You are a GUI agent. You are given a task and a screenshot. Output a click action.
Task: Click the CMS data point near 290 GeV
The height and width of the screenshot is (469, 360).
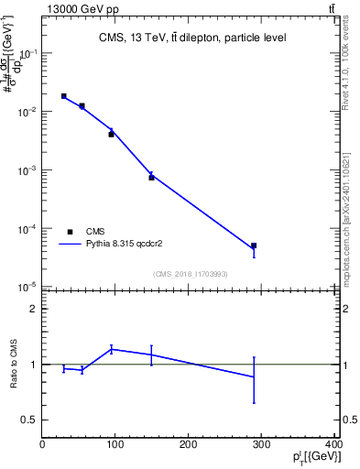(x=254, y=245)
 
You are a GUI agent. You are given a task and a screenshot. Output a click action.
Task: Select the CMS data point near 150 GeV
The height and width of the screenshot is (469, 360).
(x=152, y=177)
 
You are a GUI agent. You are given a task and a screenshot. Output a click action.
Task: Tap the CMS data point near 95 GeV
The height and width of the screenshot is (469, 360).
(x=112, y=134)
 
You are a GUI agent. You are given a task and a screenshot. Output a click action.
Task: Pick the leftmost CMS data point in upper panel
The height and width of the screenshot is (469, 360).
(x=64, y=95)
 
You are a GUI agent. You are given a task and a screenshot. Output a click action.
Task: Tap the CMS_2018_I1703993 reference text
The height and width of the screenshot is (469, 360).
(x=190, y=274)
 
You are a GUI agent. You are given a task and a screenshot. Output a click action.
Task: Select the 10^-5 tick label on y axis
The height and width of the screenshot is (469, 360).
(x=27, y=289)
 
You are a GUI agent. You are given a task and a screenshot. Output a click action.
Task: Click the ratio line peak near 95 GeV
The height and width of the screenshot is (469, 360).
(x=112, y=348)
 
